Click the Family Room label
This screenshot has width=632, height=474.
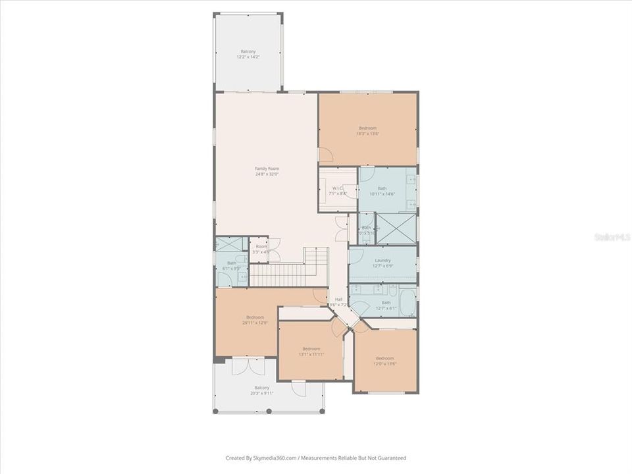tap(267, 169)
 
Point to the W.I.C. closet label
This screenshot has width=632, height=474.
tap(338, 190)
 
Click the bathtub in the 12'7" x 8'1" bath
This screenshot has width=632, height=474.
tap(408, 302)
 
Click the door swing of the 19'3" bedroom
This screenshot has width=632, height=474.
tap(326, 155)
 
